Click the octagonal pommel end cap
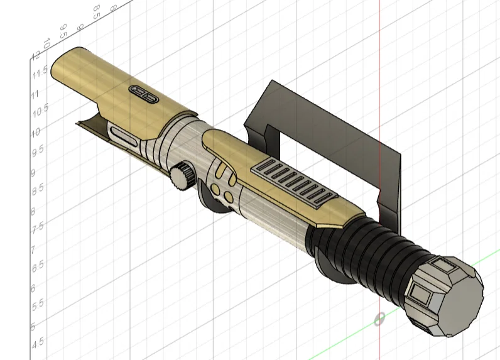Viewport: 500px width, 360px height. pos(445,295)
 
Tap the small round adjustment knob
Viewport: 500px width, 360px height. pos(183,175)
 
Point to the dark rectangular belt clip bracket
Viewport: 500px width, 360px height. pos(327,135)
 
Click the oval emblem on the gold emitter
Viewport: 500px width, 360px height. pos(143,94)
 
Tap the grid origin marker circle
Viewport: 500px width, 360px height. pos(379,319)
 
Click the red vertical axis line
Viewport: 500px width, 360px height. pos(380,50)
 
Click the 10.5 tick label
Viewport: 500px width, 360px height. pos(40,111)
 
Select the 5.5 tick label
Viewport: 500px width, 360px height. pos(38,303)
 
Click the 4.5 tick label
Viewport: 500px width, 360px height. pos(38,342)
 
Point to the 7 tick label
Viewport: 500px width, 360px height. pos(33,249)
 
